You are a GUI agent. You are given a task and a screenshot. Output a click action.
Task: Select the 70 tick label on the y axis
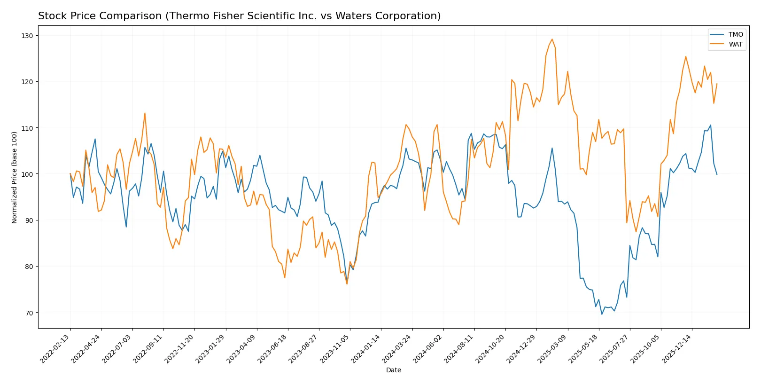pyautogui.click(x=29, y=313)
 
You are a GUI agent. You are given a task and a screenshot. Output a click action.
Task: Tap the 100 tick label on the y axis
pyautogui.click(x=27, y=174)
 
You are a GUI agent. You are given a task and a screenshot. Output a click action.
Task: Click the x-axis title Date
pyautogui.click(x=393, y=370)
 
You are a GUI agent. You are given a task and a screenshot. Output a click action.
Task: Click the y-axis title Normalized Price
pyautogui.click(x=15, y=177)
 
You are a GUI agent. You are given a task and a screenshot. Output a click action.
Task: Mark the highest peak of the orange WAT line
pyautogui.click(x=552, y=39)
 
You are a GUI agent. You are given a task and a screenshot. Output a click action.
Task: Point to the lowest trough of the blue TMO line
pyautogui.click(x=602, y=314)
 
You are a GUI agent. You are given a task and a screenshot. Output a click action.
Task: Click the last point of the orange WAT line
pyautogui.click(x=717, y=84)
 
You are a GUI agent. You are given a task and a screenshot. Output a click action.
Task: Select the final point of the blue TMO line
pyautogui.click(x=717, y=174)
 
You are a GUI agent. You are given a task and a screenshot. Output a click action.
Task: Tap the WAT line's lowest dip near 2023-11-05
pyautogui.click(x=347, y=283)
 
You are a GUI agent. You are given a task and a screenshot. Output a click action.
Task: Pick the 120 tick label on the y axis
pyautogui.click(x=27, y=82)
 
